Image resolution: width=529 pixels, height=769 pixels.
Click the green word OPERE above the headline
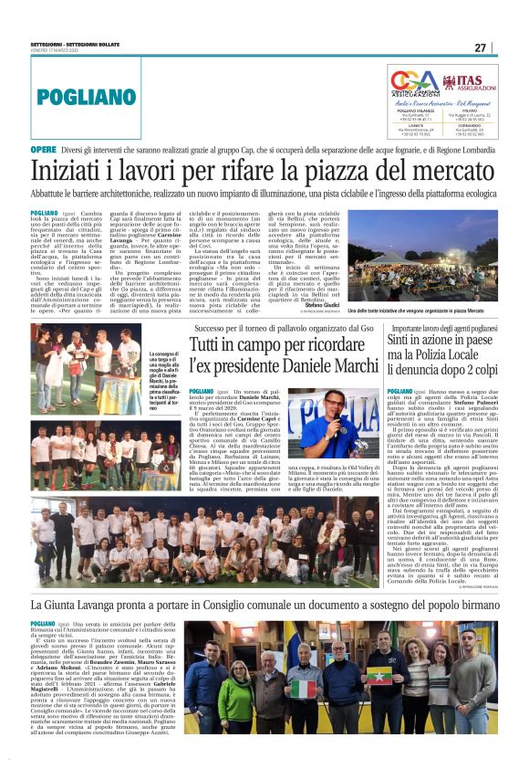tap(43, 149)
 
